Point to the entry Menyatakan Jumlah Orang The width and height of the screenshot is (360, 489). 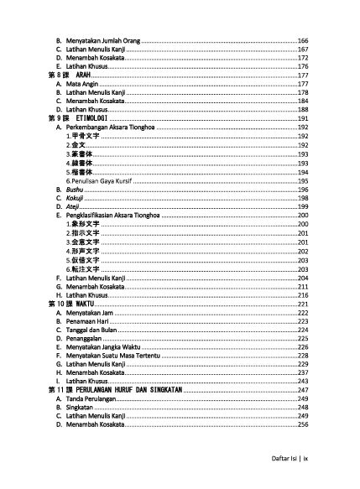(x=102, y=39)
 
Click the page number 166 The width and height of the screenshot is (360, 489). (x=303, y=39)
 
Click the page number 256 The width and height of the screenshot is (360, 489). (x=303, y=425)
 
